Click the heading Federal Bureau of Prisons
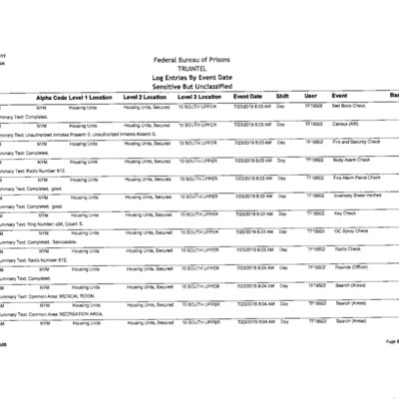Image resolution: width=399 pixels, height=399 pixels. (x=199, y=60)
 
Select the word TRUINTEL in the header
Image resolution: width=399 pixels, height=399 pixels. (x=199, y=69)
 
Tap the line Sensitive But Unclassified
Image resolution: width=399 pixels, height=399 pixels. (x=199, y=86)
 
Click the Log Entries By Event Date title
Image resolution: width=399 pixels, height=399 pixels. (x=199, y=77)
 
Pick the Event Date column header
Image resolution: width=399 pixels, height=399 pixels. (x=247, y=96)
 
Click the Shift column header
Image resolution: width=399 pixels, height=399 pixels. (x=282, y=96)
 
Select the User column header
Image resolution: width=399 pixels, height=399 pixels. (x=310, y=96)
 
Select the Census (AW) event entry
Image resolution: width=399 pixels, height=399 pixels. (x=347, y=124)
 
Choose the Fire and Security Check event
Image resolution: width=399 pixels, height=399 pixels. (x=355, y=142)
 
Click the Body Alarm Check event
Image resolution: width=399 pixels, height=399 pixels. (x=351, y=160)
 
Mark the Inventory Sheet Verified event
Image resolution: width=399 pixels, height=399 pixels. (x=357, y=196)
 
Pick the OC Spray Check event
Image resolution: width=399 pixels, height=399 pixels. (x=350, y=231)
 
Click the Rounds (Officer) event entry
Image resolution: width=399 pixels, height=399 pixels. (x=351, y=267)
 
